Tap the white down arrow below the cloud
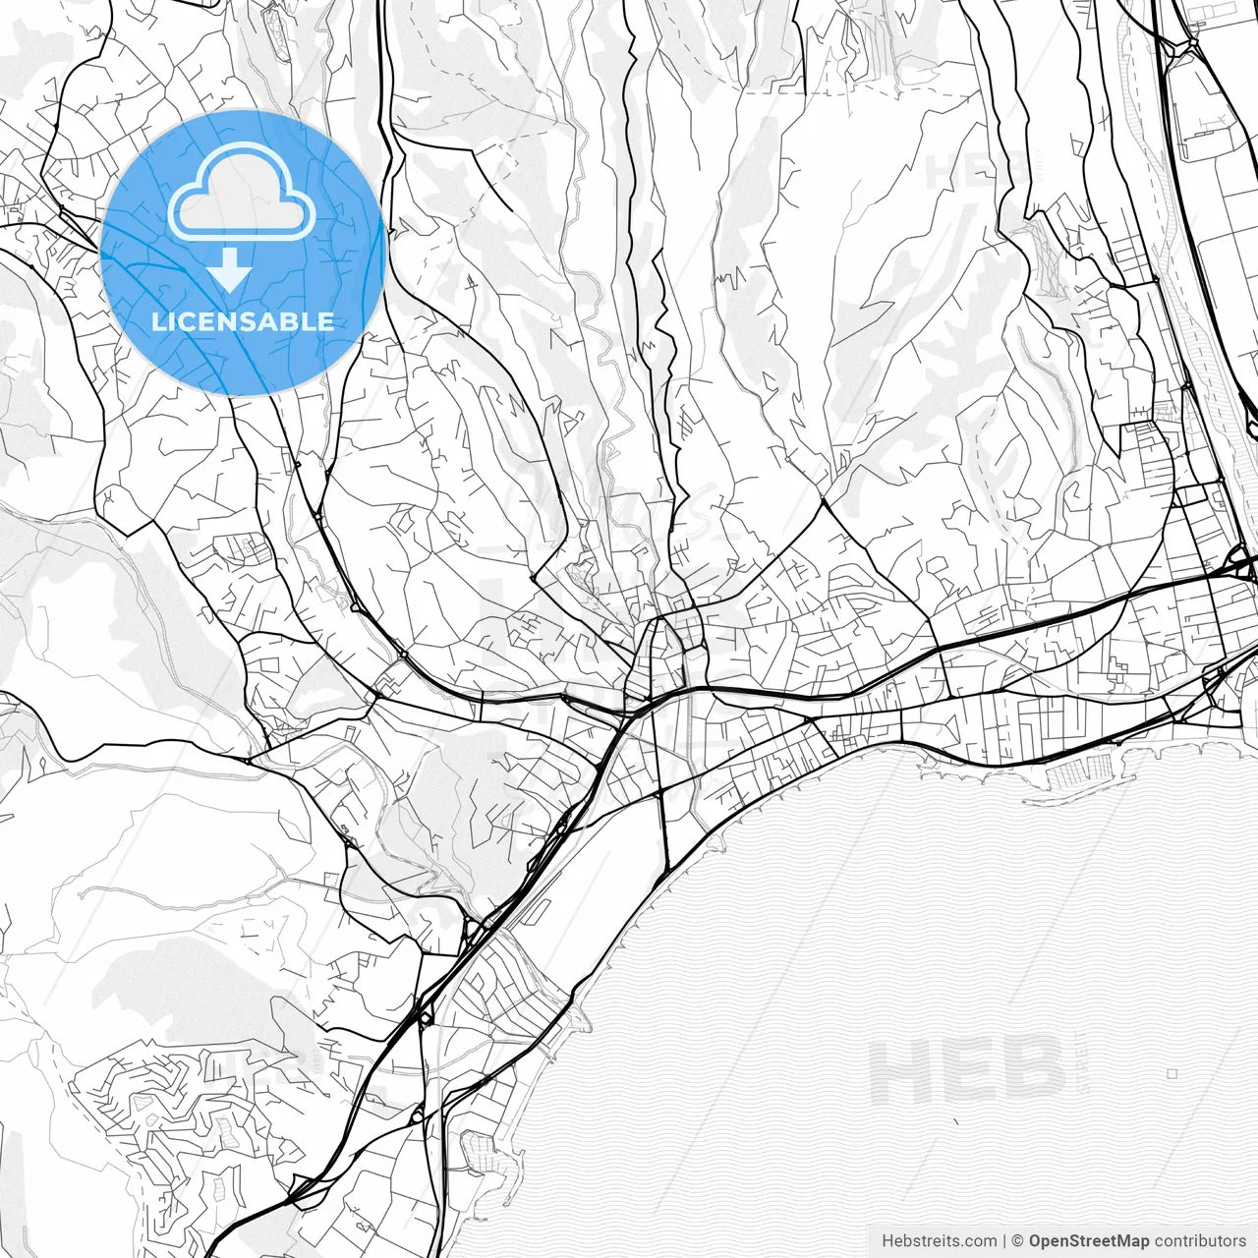(230, 269)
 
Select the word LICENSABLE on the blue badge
(242, 321)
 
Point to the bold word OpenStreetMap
(1089, 1240)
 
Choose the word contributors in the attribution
(1200, 1240)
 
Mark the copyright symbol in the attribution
(1018, 1240)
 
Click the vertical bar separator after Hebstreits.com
(1001, 1240)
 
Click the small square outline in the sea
(1172, 1074)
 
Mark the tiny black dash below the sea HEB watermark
(954, 1119)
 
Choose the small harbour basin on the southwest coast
(479, 1146)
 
